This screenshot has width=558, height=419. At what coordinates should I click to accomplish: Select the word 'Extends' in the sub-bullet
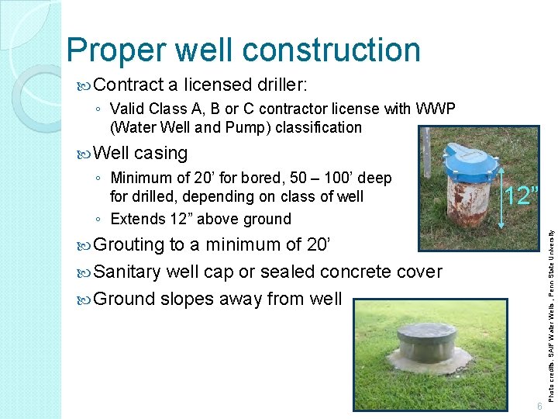pos(139,219)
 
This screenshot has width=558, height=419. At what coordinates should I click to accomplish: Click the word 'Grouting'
pos(129,245)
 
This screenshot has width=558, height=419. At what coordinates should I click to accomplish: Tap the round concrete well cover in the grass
pos(429,348)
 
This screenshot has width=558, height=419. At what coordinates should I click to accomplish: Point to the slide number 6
pos(539,407)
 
